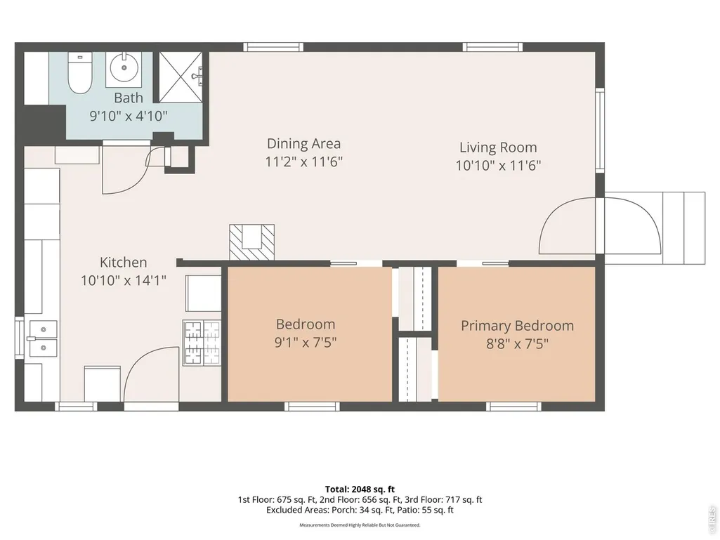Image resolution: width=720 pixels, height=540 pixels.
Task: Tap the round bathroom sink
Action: pyautogui.click(x=124, y=70)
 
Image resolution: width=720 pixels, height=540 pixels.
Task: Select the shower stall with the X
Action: pyautogui.click(x=181, y=77)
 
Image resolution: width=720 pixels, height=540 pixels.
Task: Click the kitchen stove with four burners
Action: pyautogui.click(x=202, y=343)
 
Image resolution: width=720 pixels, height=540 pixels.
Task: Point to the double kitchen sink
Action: pyautogui.click(x=43, y=338)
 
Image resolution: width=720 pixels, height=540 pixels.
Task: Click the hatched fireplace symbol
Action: pyautogui.click(x=251, y=242)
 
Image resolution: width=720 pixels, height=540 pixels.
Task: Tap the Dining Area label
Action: pyautogui.click(x=304, y=144)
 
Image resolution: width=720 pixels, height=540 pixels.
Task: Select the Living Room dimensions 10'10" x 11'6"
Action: pyautogui.click(x=498, y=165)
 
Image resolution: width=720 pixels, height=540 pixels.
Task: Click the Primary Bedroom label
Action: pyautogui.click(x=518, y=326)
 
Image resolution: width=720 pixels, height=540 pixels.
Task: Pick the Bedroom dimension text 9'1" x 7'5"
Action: pyautogui.click(x=306, y=343)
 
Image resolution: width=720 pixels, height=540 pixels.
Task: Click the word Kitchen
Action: pyautogui.click(x=124, y=262)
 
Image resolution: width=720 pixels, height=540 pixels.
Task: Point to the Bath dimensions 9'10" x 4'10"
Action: pyautogui.click(x=129, y=116)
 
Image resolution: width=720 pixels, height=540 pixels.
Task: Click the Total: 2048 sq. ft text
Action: pyautogui.click(x=360, y=489)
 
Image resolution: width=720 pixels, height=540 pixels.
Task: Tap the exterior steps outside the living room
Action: pyautogui.click(x=683, y=228)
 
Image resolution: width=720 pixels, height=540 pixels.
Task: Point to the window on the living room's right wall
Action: pyautogui.click(x=600, y=129)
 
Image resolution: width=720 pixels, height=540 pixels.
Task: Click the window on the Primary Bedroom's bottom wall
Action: pyautogui.click(x=513, y=407)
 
